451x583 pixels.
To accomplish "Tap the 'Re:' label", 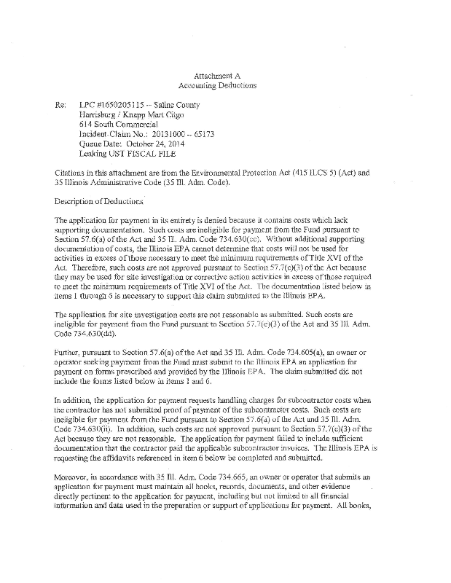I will [x=60, y=106].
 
